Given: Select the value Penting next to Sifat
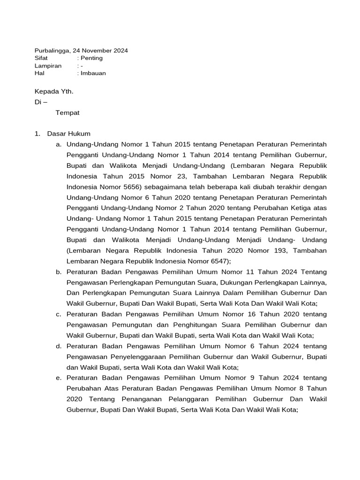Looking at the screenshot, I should (91, 58).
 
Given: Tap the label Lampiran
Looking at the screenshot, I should (48, 66).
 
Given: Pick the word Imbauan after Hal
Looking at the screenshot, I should (93, 73).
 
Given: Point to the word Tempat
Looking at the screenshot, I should (67, 112).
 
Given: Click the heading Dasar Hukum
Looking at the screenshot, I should (68, 134).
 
